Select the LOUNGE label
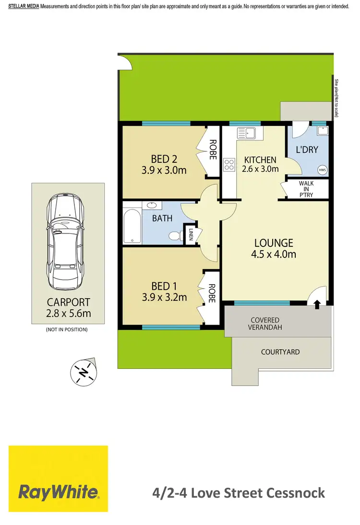click(x=273, y=243)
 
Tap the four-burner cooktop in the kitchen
click(x=229, y=165)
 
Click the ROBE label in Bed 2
click(x=212, y=149)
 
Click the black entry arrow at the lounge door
click(x=317, y=303)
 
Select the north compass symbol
click(x=84, y=372)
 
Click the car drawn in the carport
click(x=68, y=240)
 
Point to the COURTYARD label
click(x=280, y=352)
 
